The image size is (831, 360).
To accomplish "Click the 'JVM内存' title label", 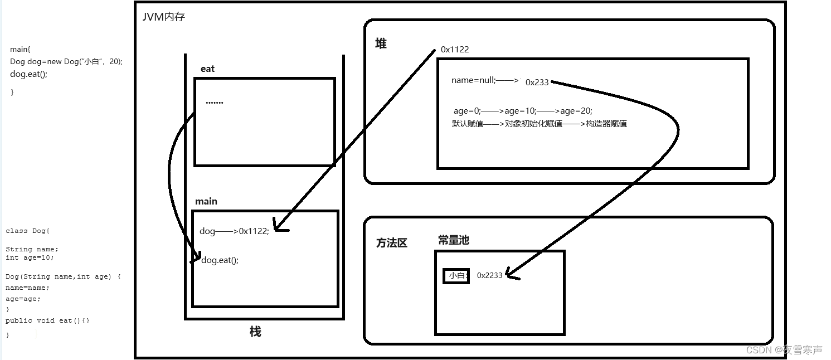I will (x=164, y=17).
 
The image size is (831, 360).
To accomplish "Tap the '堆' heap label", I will (x=381, y=43).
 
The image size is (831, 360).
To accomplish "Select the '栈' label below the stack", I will (x=255, y=332).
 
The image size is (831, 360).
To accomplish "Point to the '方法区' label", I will (x=392, y=243).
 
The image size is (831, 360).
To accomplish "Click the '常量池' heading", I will (x=453, y=240).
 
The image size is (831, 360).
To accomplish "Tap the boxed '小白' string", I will (x=456, y=275).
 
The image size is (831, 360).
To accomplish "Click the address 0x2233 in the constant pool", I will (x=489, y=275).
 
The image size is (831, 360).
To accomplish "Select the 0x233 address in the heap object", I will (x=537, y=82).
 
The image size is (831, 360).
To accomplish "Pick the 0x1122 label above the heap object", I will (x=455, y=50).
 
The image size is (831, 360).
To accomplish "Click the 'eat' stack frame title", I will (x=207, y=69).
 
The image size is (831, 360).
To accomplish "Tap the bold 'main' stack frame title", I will (x=206, y=201).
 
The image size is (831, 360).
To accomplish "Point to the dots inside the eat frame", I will (x=214, y=103).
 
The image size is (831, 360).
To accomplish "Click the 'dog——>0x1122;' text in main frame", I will (x=234, y=231).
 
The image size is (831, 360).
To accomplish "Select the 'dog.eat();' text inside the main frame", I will (x=220, y=260).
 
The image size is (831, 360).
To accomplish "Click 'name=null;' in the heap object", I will (x=473, y=80).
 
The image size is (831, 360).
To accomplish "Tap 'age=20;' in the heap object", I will (x=576, y=111).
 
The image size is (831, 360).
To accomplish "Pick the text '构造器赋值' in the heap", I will (x=606, y=124).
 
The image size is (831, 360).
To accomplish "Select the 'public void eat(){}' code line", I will (x=47, y=320).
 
